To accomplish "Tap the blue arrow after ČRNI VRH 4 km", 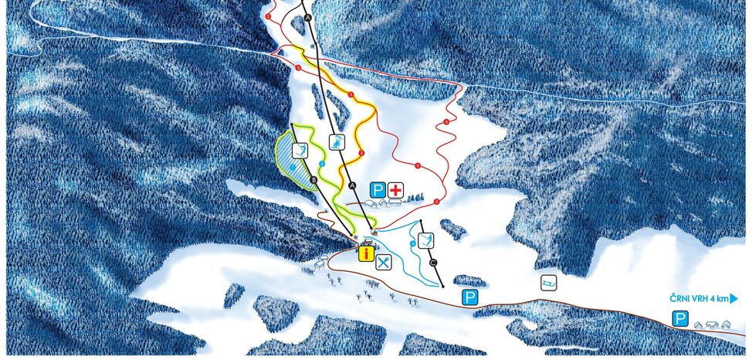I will tap(734, 297).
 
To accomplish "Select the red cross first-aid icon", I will tap(396, 189).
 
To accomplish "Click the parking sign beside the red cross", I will tap(378, 189).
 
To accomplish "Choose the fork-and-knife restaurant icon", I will tap(384, 262).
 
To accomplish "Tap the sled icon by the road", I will tap(547, 283).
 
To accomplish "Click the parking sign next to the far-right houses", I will tap(680, 318).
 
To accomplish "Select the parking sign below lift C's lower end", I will tap(468, 297).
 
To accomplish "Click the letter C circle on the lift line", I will tap(434, 263).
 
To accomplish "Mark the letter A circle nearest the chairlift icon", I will tap(351, 185).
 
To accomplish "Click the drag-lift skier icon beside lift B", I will tap(303, 151).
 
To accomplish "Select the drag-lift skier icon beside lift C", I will tap(425, 239).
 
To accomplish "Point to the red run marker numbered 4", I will tap(447, 123).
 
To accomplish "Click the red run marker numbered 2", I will tap(268, 15).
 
